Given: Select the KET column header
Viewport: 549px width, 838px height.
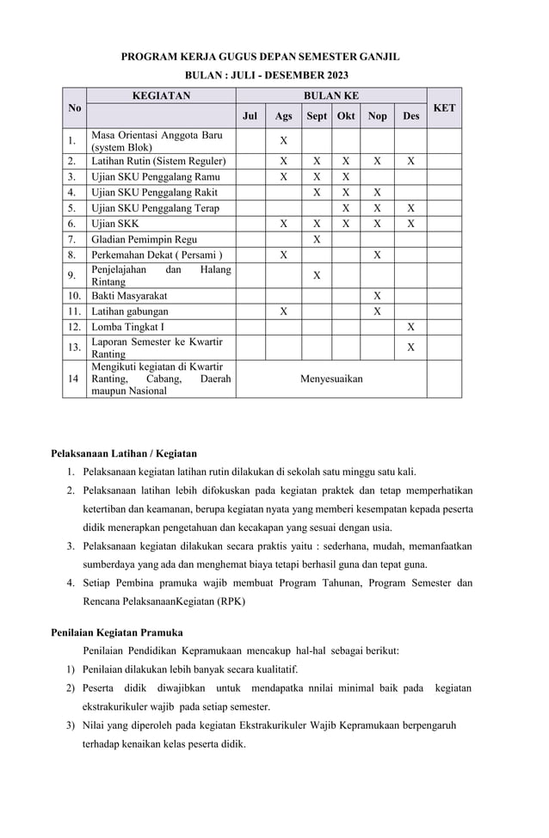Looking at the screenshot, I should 444,108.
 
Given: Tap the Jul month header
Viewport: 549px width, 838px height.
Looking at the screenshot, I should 250,116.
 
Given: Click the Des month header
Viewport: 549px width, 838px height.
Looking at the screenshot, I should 410,116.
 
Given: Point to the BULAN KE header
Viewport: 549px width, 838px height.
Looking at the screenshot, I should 331,96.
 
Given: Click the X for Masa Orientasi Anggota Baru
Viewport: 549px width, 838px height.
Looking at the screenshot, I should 283,141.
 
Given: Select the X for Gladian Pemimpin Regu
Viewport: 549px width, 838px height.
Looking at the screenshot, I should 317,238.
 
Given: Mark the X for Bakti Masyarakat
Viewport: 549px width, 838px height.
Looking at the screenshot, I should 377,295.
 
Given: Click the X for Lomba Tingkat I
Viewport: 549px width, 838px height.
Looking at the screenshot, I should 410,327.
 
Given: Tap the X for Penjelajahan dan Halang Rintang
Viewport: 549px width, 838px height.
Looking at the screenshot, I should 317,275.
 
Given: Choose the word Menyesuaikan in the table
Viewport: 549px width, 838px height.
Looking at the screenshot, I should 331,379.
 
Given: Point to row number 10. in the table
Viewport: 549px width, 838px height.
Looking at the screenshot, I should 75,295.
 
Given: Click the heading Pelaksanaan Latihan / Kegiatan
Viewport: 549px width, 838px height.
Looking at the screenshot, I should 124,453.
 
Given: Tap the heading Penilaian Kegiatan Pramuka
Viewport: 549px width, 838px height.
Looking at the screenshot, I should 117,632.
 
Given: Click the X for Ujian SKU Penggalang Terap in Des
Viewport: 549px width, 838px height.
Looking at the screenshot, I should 410,207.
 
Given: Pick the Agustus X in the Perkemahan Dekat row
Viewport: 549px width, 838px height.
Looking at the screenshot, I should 283,255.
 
